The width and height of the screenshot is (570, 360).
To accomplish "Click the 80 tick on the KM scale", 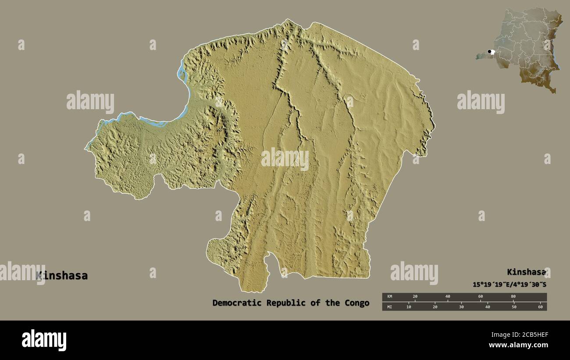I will [513, 297].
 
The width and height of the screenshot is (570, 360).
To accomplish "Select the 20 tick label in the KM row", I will [415, 297].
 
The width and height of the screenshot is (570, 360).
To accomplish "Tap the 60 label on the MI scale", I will [540, 307].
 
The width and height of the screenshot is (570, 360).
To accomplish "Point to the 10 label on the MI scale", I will [409, 307].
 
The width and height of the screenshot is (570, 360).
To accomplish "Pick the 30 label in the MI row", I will [461, 307].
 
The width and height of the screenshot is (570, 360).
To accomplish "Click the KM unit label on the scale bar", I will [389, 297].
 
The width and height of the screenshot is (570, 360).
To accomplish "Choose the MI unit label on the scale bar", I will [389, 307].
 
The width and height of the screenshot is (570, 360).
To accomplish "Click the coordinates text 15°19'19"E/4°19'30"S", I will [509, 285].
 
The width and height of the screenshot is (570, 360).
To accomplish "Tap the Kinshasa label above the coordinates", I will [526, 272].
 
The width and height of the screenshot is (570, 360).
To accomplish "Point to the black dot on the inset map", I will [489, 52].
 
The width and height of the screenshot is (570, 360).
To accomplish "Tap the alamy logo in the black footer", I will [44, 340].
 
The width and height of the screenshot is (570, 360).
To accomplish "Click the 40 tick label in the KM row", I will [448, 297].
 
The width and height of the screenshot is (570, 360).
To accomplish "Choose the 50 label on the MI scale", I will [514, 307].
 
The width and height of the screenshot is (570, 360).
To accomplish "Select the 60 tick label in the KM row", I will [481, 297].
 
